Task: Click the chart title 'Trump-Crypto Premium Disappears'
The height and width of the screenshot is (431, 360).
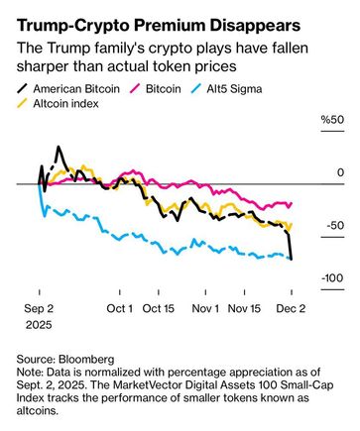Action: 159,26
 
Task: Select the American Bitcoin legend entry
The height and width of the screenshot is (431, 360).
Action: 68,89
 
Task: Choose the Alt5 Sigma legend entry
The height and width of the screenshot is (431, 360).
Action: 226,89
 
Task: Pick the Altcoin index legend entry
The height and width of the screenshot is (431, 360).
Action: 58,104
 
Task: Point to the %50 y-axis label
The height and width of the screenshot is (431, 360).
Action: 332,120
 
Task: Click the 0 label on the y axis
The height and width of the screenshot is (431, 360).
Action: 340,172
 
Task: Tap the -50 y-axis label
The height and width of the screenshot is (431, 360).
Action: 335,226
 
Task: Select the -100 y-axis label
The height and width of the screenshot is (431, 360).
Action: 332,278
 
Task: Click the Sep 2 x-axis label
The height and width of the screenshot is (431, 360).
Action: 39,309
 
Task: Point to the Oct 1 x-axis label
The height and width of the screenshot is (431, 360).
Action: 120,309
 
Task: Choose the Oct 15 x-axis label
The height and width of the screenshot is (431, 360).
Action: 159,309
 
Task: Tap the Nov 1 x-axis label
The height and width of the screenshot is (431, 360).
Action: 205,309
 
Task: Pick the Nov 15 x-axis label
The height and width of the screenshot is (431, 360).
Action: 244,309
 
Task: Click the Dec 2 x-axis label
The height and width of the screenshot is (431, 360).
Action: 291,309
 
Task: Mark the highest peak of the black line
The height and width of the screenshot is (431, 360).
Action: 59,147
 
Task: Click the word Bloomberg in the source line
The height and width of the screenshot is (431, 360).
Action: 86,360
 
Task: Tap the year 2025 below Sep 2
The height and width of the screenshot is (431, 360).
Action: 39,325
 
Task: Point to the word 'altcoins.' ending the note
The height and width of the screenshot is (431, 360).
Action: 38,411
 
